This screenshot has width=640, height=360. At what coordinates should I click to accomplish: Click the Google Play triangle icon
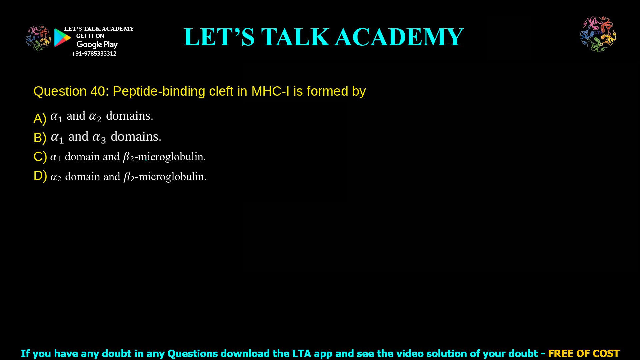(x=62, y=38)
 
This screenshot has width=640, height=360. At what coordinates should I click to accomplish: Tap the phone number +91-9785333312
(x=94, y=54)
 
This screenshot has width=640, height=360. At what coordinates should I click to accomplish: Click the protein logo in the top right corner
(x=598, y=34)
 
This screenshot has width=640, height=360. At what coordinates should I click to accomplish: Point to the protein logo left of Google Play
(x=38, y=38)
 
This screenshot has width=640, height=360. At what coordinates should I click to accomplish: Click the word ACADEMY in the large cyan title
(x=399, y=37)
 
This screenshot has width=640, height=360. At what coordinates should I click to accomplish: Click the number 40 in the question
(x=97, y=91)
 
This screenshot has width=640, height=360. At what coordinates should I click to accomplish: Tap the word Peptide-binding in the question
(x=159, y=91)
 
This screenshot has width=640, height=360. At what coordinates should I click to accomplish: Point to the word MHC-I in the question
(x=270, y=91)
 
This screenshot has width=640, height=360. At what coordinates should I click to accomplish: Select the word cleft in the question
(x=221, y=91)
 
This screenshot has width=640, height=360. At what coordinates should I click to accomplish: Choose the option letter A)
(x=40, y=119)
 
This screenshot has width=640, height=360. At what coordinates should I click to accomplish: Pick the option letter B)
(x=40, y=138)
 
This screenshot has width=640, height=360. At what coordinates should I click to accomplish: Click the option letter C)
(x=40, y=157)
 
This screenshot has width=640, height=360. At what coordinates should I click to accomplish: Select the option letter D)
(x=40, y=176)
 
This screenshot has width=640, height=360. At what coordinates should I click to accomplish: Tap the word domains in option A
(x=129, y=116)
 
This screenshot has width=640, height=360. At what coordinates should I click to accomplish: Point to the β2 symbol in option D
(x=129, y=177)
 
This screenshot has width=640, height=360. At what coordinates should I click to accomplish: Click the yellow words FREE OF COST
(x=584, y=353)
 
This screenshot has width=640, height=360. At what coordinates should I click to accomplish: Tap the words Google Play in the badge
(x=97, y=45)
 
